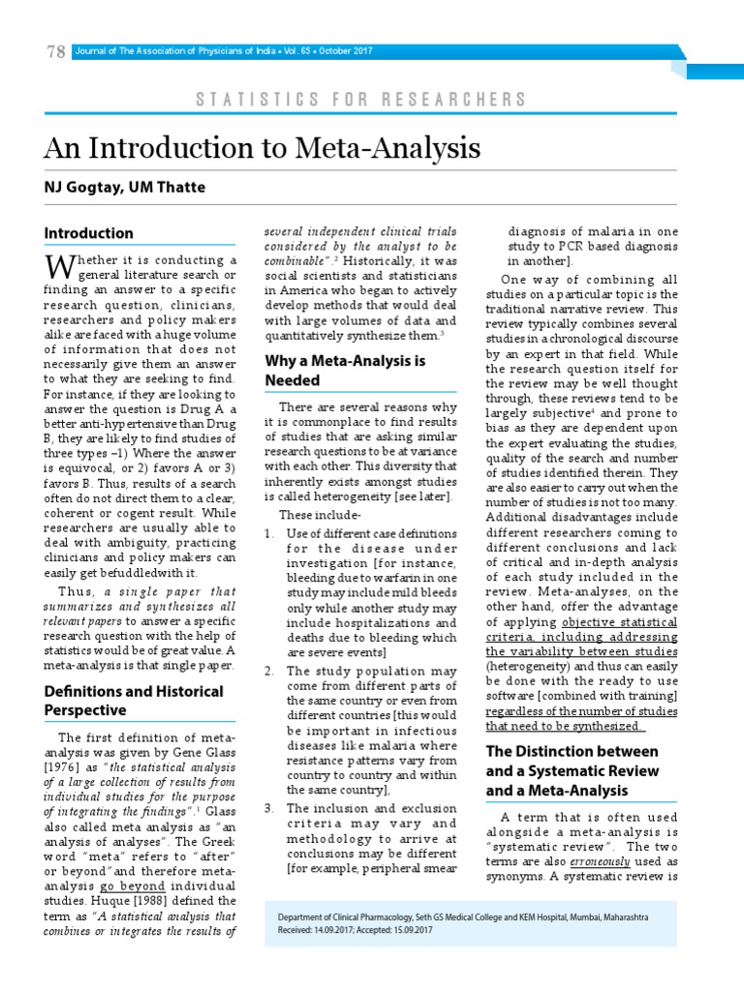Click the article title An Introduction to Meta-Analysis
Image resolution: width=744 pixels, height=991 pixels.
pyautogui.click(x=262, y=148)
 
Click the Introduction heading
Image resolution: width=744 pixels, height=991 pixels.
pyautogui.click(x=89, y=233)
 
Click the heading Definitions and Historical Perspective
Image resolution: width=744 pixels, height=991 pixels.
pyautogui.click(x=134, y=701)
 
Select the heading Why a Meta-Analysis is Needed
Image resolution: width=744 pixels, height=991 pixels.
pyautogui.click(x=345, y=371)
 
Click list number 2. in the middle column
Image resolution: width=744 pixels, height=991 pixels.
pyautogui.click(x=269, y=672)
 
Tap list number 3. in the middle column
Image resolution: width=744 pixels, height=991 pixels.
pyautogui.click(x=269, y=808)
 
